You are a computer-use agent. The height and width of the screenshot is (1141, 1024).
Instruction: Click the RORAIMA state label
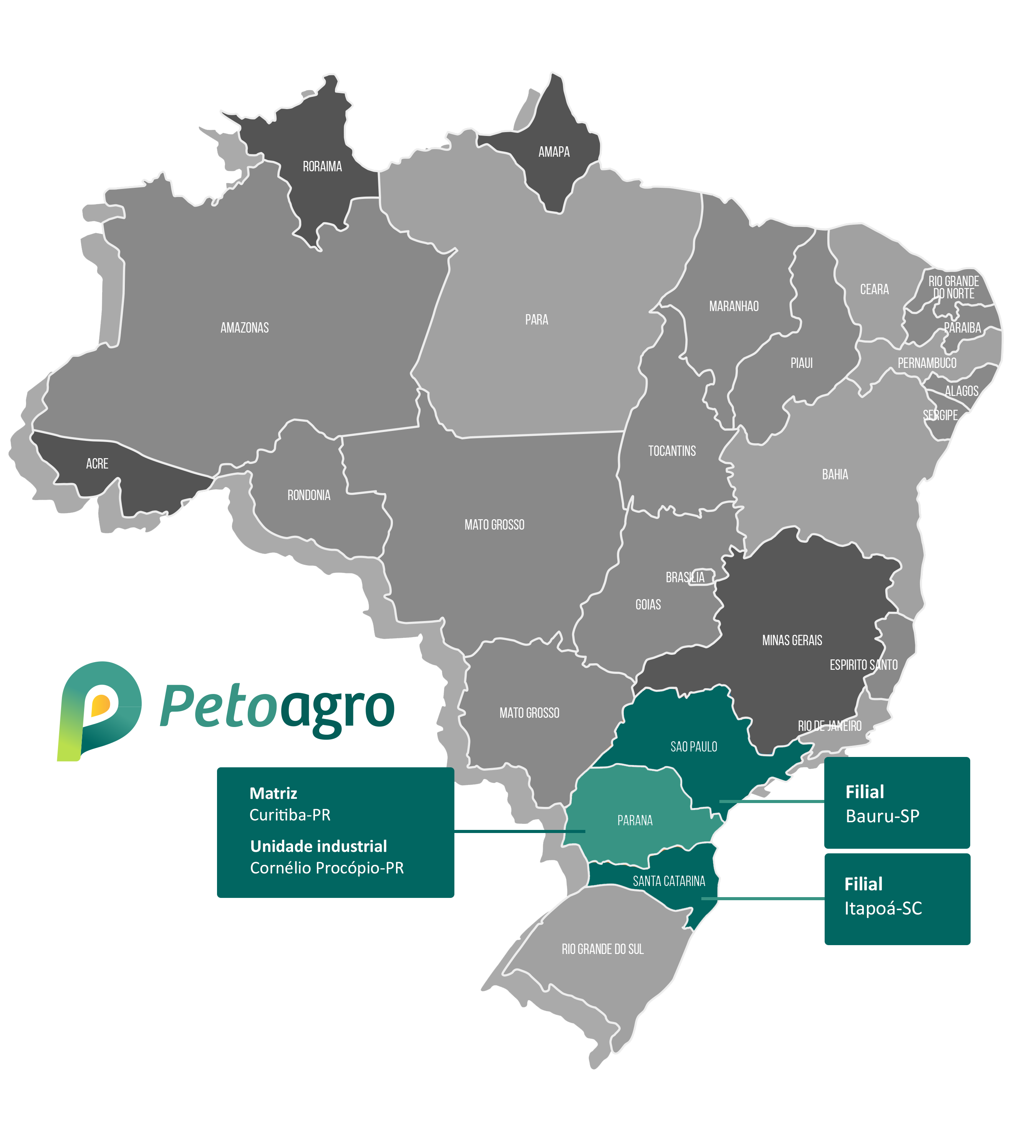click(322, 167)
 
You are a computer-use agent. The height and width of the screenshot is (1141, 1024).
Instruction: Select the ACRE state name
click(97, 464)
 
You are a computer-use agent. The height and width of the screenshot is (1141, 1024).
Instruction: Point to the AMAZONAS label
click(244, 328)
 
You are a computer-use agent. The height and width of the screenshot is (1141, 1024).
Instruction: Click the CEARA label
click(874, 289)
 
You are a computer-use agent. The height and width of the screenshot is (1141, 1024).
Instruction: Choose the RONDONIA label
click(308, 495)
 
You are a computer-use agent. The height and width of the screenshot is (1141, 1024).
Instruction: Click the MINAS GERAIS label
click(792, 640)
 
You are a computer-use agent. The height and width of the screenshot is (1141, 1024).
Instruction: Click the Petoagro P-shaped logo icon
click(98, 710)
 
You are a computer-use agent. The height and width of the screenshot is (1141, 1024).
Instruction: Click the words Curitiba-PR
click(290, 815)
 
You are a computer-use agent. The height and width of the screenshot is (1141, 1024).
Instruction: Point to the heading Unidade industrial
click(318, 846)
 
